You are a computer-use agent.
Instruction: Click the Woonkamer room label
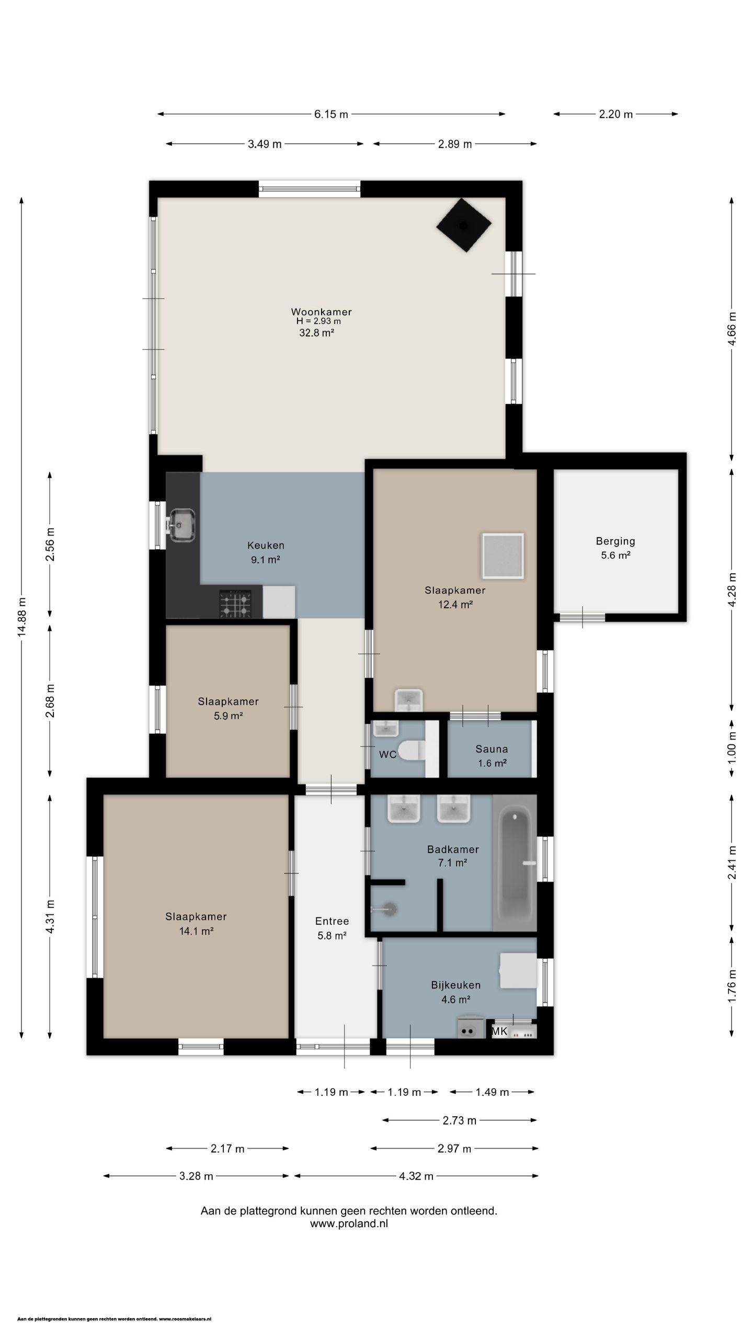(x=321, y=312)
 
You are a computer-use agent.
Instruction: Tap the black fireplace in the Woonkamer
(x=464, y=225)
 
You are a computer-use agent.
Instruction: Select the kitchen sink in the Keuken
(x=181, y=525)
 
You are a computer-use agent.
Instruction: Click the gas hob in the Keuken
(x=235, y=604)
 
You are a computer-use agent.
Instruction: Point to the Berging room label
(x=615, y=541)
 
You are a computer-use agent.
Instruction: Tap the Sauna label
(x=492, y=749)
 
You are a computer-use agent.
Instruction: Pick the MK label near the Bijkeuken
(x=499, y=1031)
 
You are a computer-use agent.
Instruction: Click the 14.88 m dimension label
(x=21, y=617)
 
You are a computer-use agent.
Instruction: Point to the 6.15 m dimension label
(x=331, y=114)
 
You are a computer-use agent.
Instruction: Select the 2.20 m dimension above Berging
(x=615, y=114)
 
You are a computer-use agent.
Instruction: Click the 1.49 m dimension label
(x=492, y=1092)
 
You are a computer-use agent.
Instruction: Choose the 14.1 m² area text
(x=196, y=931)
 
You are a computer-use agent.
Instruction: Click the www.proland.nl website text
(x=349, y=1223)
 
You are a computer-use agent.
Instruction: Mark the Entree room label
(x=332, y=921)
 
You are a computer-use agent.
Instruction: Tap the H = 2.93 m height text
(x=318, y=321)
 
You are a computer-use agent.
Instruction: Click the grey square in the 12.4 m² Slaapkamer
(x=503, y=556)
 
